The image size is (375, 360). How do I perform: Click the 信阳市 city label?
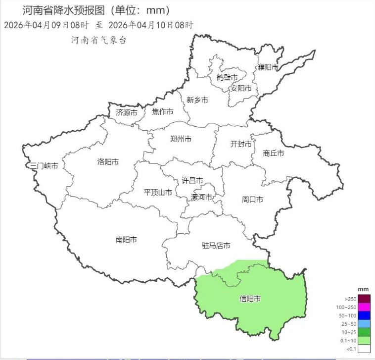coord(250,299)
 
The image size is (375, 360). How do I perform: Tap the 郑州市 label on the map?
coord(181,139)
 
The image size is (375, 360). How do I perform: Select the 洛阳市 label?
coord(108,162)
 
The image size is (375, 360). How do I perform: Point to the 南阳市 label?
coord(126,240)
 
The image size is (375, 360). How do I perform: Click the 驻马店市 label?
coord(216,246)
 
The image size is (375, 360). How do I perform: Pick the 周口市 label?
coord(252,200)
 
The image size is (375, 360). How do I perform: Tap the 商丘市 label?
coord(274,154)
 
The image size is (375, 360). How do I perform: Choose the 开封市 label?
coord(241,144)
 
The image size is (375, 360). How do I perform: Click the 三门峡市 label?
coord(44,166)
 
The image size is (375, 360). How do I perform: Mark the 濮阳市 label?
coord(268,67)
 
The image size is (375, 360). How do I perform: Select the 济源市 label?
coord(126,112)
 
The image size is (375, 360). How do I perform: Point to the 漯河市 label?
coord(201,198)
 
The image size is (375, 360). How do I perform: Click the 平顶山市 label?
coord(158,192)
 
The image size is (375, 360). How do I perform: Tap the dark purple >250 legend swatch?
coord(364,299)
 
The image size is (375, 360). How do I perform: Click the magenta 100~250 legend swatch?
coord(364,307)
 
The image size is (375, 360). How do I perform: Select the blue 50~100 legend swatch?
coord(364,315)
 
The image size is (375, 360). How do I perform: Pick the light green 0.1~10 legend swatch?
coord(364,341)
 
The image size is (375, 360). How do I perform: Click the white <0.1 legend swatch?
coord(364,349)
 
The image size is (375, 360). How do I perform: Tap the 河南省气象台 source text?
coord(98,41)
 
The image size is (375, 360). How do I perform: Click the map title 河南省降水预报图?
coord(64,10)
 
